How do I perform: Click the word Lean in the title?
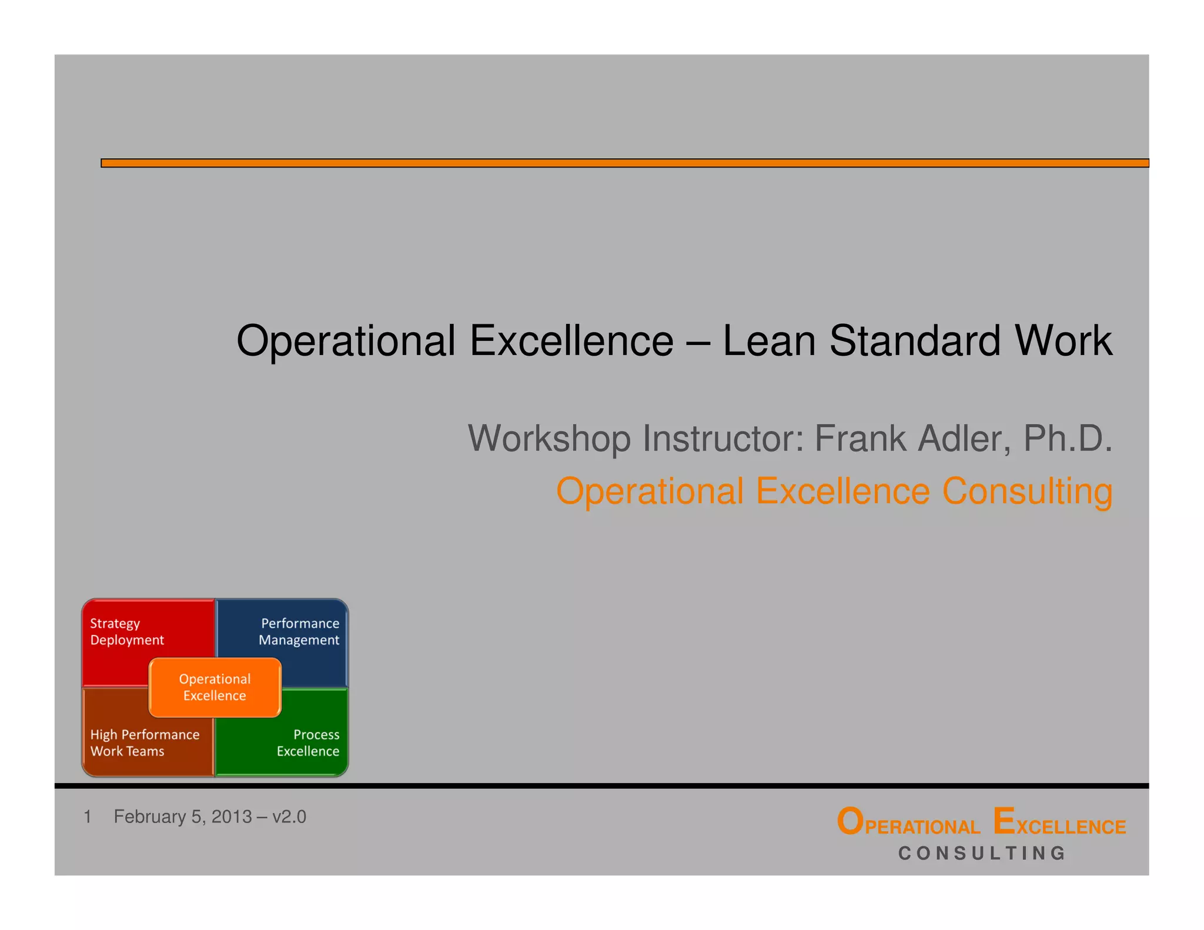point(769,341)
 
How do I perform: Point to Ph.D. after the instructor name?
point(1068,439)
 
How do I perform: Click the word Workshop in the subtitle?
point(549,439)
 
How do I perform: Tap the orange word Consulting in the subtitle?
point(1027,491)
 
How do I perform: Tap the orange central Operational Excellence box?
point(215,687)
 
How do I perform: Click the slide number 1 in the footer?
point(88,817)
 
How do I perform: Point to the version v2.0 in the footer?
point(289,817)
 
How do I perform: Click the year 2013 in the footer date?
point(232,817)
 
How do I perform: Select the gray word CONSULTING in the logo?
point(982,853)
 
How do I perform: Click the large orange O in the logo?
point(850,821)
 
